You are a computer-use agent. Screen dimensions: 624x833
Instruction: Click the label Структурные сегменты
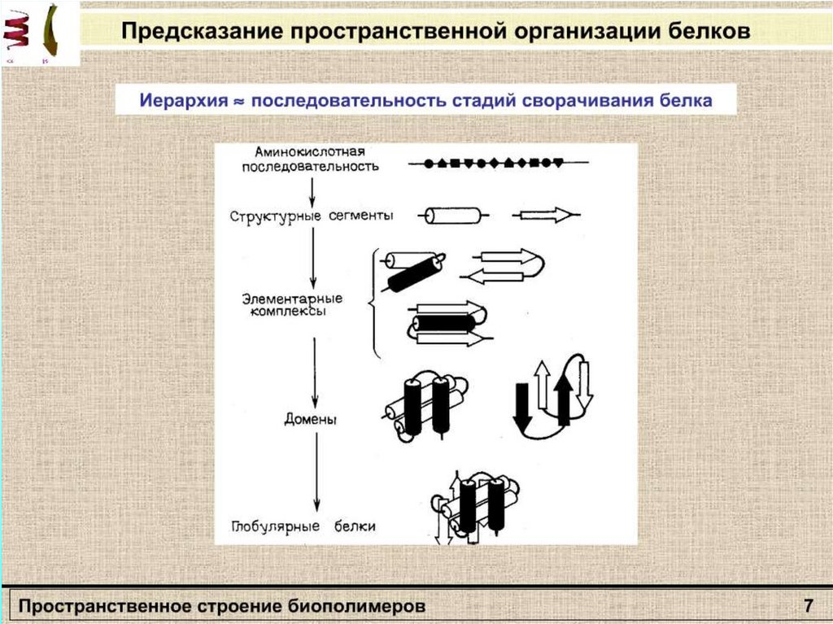(x=312, y=216)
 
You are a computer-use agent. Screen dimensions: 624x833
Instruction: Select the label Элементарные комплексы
(x=293, y=305)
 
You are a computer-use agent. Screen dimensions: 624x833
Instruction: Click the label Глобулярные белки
(x=303, y=526)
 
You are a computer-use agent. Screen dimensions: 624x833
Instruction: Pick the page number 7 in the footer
(x=808, y=606)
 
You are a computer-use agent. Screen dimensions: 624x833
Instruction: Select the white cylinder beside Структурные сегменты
(x=453, y=216)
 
